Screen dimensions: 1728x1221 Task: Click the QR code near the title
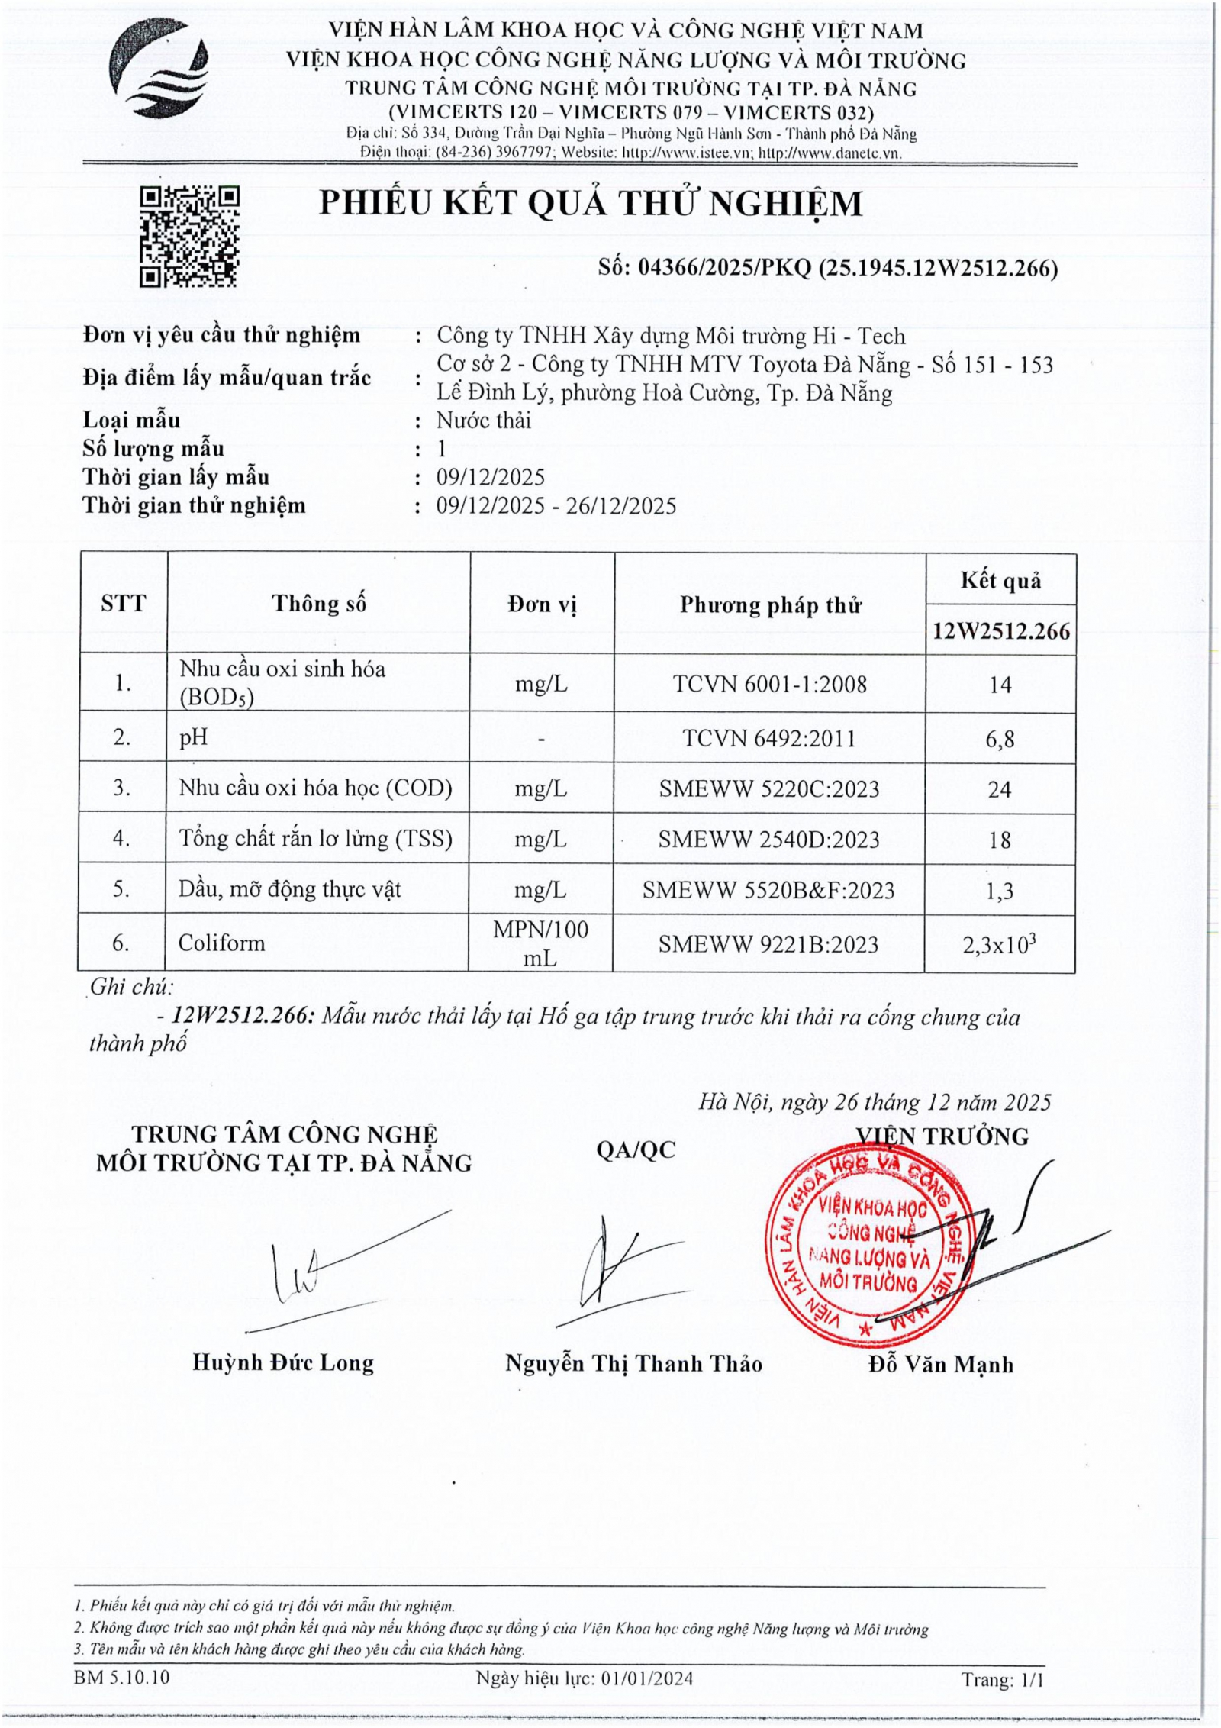189,236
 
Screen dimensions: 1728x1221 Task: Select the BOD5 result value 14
1000,684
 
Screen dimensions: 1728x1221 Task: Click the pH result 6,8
1000,739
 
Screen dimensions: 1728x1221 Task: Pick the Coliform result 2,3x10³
999,945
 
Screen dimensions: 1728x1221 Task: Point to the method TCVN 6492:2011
769,739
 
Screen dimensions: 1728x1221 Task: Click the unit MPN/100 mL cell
540,943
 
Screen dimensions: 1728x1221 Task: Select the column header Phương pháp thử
771,605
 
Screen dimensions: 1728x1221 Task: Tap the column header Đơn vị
542,604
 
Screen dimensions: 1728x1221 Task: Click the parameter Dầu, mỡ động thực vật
290,889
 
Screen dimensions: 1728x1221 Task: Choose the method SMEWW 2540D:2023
768,840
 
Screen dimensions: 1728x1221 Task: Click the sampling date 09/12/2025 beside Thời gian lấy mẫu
491,478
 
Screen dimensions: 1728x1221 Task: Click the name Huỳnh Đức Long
283,1362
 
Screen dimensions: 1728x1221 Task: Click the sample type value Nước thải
484,421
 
